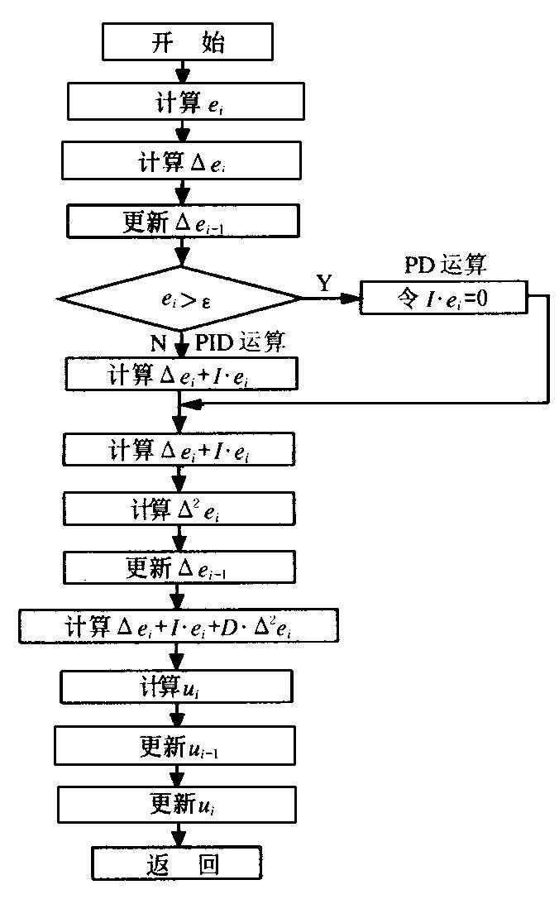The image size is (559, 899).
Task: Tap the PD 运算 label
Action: (445, 266)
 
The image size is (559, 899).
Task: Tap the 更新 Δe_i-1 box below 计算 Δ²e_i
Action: (179, 567)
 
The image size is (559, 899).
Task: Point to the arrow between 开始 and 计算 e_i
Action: (179, 73)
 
